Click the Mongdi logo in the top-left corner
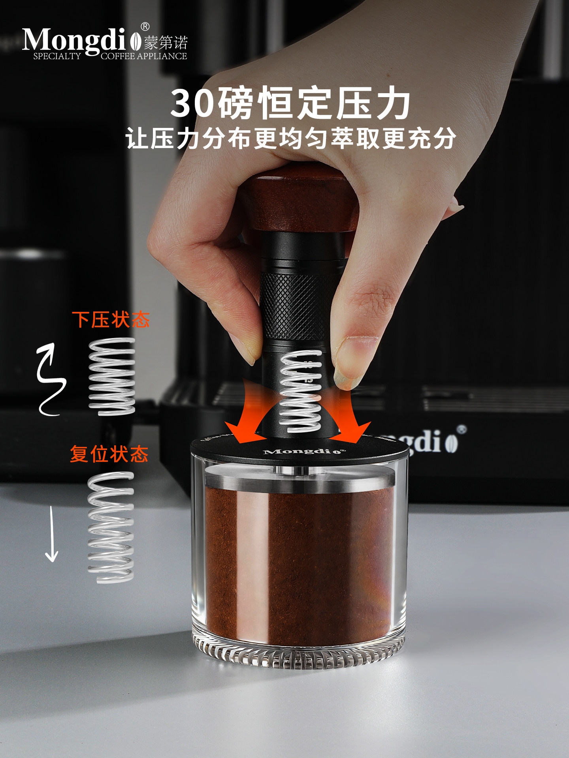point(75,40)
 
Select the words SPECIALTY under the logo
point(57,56)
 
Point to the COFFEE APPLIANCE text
point(144,56)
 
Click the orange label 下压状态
point(111,319)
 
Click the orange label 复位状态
point(109,454)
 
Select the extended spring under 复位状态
point(111,527)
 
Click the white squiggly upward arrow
point(50,379)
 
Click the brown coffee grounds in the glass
point(300,561)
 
